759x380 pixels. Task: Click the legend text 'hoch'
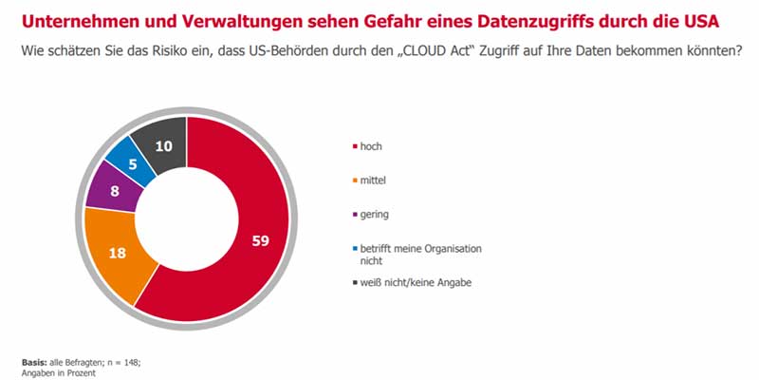pos(370,146)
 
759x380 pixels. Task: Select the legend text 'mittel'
pos(373,180)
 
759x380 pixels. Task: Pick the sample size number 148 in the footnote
pos(129,362)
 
